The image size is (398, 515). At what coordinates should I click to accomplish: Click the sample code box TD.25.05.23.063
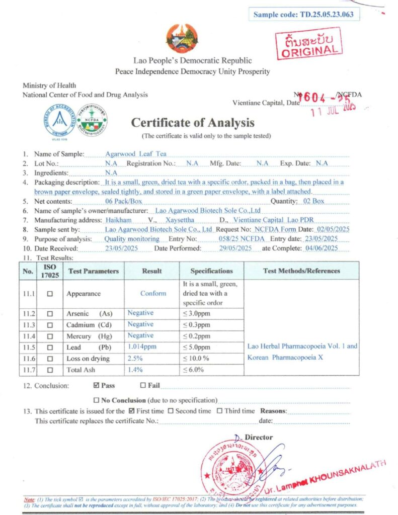tap(304, 14)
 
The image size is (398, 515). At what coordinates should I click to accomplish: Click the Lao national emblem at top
tap(182, 38)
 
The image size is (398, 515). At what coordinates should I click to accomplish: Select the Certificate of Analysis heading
tap(193, 123)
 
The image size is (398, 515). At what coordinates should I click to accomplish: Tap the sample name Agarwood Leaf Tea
tap(136, 154)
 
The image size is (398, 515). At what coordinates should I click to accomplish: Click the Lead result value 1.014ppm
tap(142, 347)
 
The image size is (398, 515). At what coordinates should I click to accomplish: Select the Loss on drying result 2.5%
tap(135, 358)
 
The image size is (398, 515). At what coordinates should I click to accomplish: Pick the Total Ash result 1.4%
tap(135, 370)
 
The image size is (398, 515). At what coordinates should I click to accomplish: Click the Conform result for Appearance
tap(153, 293)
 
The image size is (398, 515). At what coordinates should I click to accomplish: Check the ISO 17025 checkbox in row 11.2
tap(50, 314)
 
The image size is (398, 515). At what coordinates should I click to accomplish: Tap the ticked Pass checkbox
tap(97, 386)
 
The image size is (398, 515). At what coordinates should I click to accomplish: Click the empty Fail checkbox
tap(143, 386)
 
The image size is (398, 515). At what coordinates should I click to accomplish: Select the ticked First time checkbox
tap(132, 411)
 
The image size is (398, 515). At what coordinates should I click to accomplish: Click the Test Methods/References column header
tap(301, 271)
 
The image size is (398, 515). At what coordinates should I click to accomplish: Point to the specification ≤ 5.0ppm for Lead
tap(196, 347)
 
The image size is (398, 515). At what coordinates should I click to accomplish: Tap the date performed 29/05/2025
tap(231, 248)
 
